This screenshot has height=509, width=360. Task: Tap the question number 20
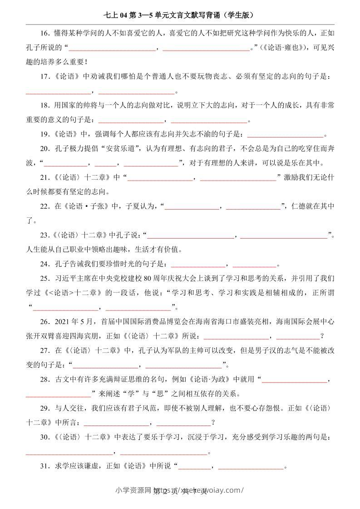coord(44,148)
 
